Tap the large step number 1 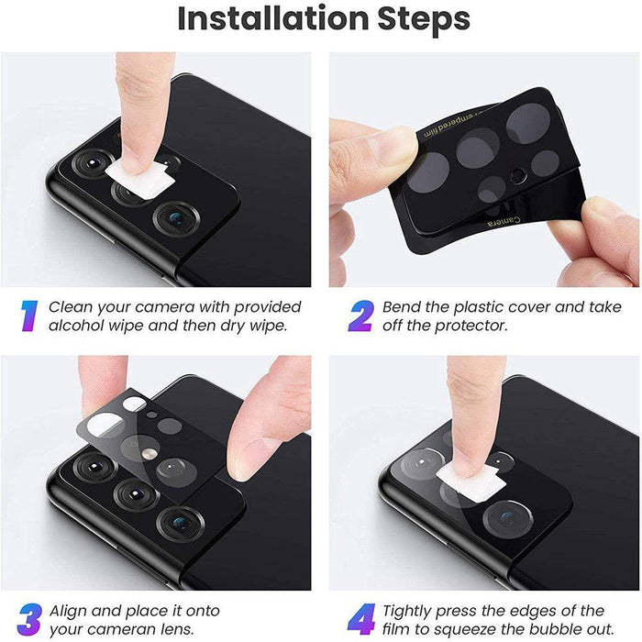tap(28, 315)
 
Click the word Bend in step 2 tap(404, 306)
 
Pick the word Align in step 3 tap(72, 611)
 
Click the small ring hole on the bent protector tap(518, 174)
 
